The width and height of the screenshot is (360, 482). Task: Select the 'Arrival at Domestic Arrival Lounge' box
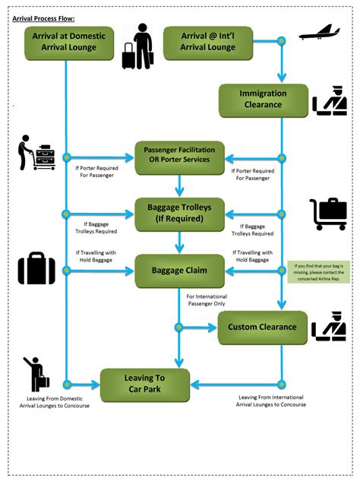[69, 43]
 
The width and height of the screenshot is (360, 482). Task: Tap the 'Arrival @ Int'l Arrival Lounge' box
[208, 43]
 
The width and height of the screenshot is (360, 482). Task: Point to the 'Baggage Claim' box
[180, 270]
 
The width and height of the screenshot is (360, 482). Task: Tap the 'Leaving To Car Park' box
[145, 384]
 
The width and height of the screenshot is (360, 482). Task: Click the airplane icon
[319, 33]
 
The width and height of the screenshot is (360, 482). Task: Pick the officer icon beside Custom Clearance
[329, 327]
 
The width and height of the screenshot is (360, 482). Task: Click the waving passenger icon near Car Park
[35, 374]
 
